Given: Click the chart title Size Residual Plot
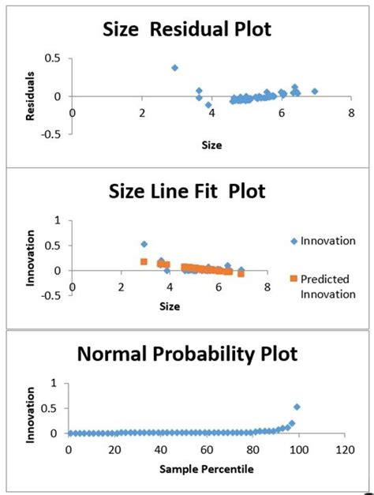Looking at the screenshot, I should [188, 29].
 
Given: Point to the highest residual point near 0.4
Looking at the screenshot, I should [174, 68].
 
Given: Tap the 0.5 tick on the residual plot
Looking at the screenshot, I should [54, 58].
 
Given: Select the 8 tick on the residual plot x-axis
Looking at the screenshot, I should [348, 111].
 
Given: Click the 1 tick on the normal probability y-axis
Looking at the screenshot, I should [54, 383].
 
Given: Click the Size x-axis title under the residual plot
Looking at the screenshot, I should [211, 145].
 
